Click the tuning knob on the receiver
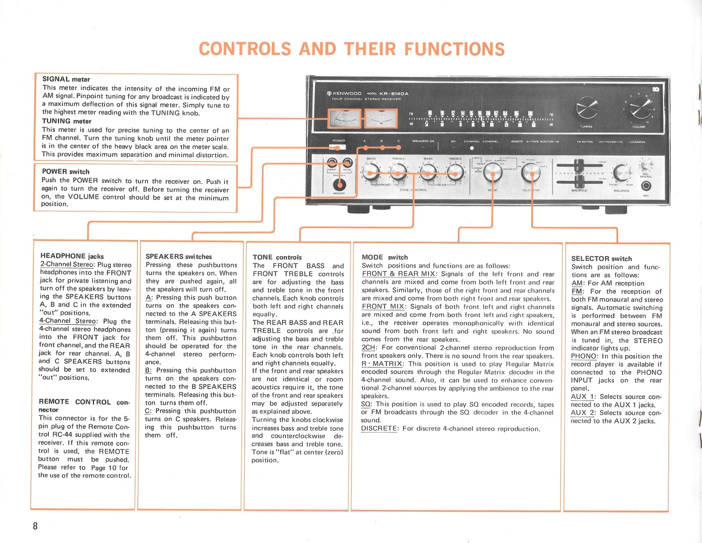587,108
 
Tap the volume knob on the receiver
640,107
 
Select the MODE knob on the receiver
493,174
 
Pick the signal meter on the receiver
345,119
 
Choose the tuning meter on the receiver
381,119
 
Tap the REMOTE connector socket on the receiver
339,185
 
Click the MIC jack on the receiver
646,186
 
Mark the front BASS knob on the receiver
371,172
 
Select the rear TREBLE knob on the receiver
455,172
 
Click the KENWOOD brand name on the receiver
347,93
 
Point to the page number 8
35,526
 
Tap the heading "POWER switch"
65,172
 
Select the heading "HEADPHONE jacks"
72,256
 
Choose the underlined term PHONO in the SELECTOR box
584,356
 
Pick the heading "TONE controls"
277,257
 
